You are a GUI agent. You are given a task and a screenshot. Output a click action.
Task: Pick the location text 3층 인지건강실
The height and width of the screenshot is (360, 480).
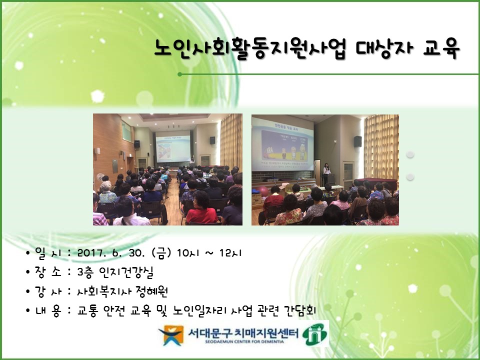tap(115, 272)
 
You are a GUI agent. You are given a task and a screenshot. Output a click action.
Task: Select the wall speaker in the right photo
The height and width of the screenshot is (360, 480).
tap(357, 141)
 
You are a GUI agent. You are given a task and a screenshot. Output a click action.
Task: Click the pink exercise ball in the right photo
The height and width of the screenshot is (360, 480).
tap(263, 191)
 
